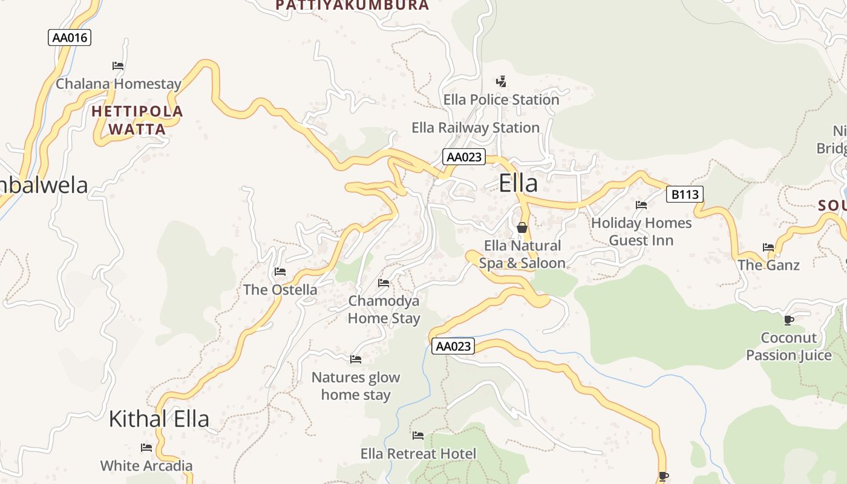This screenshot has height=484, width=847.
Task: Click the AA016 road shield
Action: [x=70, y=38]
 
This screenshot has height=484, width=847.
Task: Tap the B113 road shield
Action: [x=685, y=194]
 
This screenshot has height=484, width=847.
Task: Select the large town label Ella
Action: [x=518, y=183]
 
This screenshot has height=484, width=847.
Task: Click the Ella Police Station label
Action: [x=501, y=99]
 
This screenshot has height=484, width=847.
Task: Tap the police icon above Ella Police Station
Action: [x=501, y=82]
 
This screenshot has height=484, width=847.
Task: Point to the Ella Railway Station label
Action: [x=476, y=128]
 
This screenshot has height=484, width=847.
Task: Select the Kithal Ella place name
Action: [x=159, y=419]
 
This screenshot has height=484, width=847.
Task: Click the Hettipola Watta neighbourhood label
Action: [x=137, y=120]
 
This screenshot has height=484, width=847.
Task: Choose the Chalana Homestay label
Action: [x=119, y=84]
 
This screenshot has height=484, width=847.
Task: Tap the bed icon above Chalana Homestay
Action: [x=118, y=66]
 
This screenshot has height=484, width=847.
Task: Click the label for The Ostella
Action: [x=280, y=290]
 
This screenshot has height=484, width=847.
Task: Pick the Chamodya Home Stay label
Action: [x=384, y=309]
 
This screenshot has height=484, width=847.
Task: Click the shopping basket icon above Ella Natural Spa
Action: [x=522, y=227]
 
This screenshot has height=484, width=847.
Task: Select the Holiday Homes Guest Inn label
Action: [x=641, y=232]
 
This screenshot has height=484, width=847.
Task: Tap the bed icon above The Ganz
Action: [x=768, y=247]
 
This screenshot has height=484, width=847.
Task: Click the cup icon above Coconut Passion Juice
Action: [x=788, y=320]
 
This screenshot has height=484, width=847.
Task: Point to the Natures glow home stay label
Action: [x=356, y=386]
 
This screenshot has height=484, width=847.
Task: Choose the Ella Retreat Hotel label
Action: [x=418, y=454]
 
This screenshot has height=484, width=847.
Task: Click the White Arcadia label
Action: [x=146, y=466]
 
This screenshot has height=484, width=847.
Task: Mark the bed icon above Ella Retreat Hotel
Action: [x=418, y=436]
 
